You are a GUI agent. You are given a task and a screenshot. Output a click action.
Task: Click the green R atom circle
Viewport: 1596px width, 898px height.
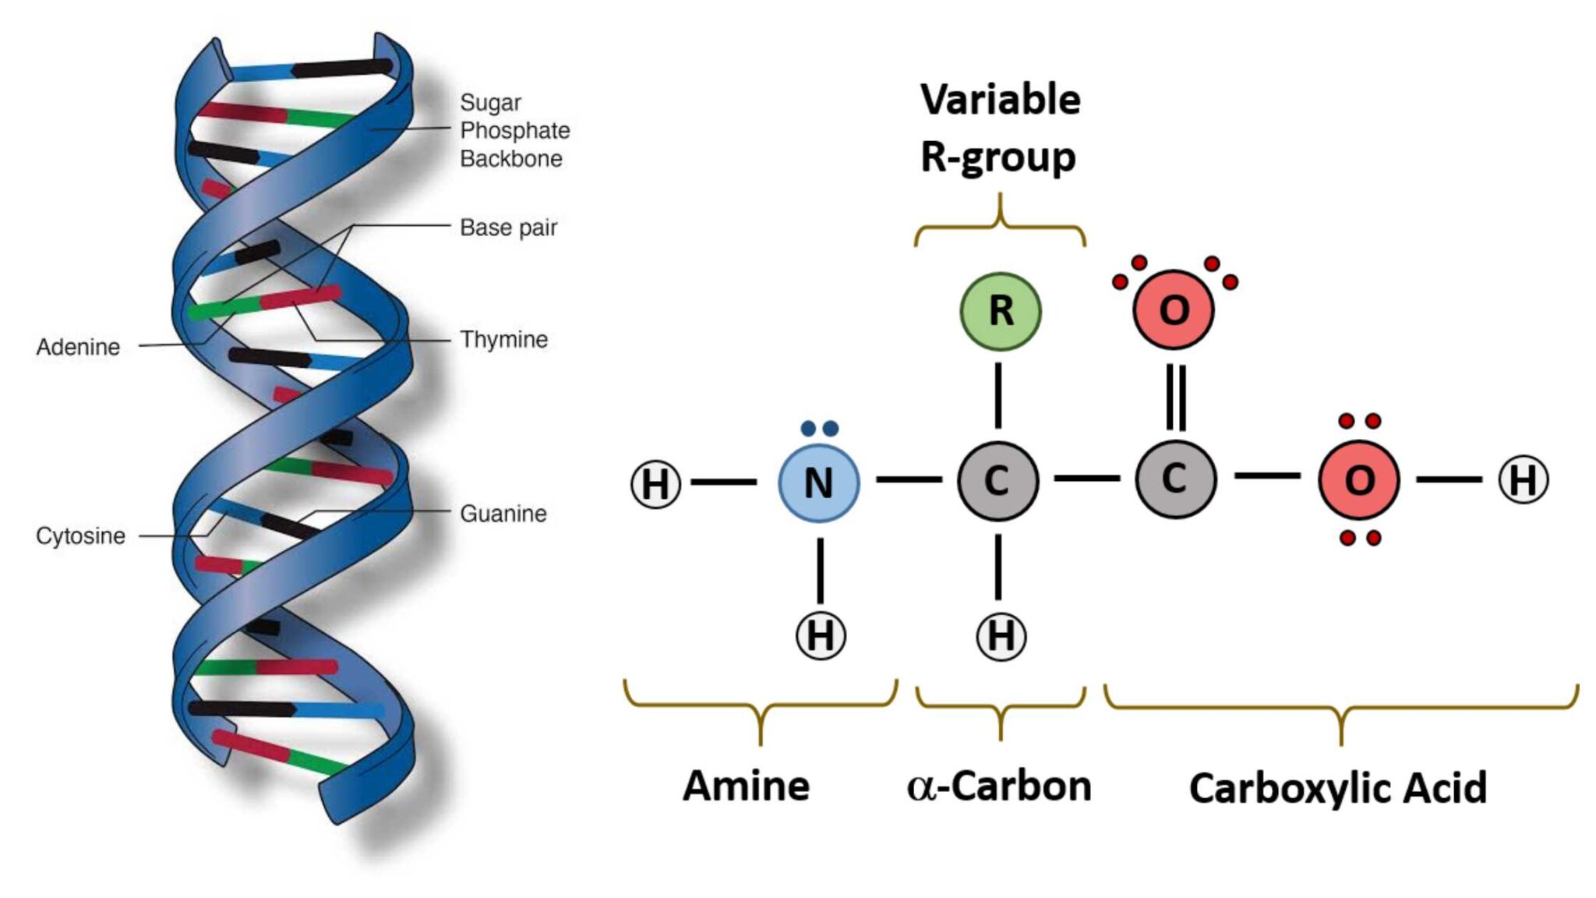[1000, 311]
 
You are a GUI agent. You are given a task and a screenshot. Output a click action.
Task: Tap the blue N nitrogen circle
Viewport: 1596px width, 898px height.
[818, 483]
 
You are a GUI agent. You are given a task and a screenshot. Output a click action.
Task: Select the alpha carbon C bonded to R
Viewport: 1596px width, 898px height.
[997, 481]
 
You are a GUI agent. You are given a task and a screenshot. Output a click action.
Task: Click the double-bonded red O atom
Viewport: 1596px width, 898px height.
[1174, 309]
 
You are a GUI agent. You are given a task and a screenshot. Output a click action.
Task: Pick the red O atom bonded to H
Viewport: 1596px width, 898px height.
[1358, 480]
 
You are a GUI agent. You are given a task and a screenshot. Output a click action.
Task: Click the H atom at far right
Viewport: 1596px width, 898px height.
[1523, 480]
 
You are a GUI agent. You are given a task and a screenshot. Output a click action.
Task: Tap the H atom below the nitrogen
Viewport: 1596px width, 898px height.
[820, 635]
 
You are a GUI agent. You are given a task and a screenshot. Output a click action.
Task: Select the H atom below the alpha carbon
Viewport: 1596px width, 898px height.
[1001, 635]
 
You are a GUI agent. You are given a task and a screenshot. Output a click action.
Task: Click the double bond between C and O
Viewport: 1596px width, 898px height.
[1176, 398]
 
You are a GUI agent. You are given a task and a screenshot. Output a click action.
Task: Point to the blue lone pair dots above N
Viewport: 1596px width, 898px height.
[819, 429]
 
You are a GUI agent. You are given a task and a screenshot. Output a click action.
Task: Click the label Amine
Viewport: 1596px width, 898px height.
[746, 786]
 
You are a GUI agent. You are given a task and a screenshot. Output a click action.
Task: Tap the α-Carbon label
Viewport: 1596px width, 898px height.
[999, 786]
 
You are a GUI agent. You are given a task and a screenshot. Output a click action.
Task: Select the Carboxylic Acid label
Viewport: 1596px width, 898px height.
[1337, 788]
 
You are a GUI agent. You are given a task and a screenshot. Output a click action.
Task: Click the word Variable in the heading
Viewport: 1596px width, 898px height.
[1000, 100]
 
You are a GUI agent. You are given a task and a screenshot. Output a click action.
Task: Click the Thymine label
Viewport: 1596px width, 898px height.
[503, 340]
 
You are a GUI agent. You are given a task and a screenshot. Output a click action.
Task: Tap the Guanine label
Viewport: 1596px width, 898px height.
[503, 514]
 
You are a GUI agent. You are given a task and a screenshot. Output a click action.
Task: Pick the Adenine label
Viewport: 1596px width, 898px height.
[78, 347]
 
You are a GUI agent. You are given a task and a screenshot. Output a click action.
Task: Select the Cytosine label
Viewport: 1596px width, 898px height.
[80, 536]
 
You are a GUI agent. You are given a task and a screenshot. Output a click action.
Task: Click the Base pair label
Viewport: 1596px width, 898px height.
[508, 228]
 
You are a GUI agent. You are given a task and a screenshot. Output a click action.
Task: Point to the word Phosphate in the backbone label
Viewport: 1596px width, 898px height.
[514, 130]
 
